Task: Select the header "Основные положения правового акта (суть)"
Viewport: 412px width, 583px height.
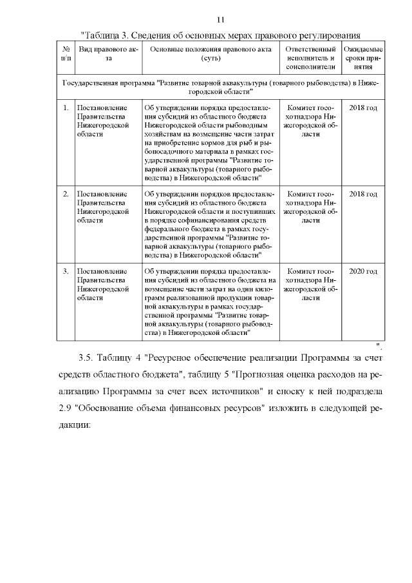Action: click(x=211, y=54)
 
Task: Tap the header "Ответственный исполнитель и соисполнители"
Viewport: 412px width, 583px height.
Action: click(x=310, y=57)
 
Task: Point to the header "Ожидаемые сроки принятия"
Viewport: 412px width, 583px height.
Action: click(x=362, y=57)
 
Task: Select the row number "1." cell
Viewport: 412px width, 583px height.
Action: click(x=66, y=108)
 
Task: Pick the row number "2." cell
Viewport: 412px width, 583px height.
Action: click(x=66, y=194)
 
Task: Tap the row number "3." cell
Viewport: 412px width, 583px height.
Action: click(x=66, y=271)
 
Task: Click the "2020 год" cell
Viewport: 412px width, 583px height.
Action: click(x=362, y=271)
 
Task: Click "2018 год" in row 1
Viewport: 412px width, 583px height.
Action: click(x=362, y=108)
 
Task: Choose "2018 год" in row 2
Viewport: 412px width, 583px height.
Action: click(x=362, y=194)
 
